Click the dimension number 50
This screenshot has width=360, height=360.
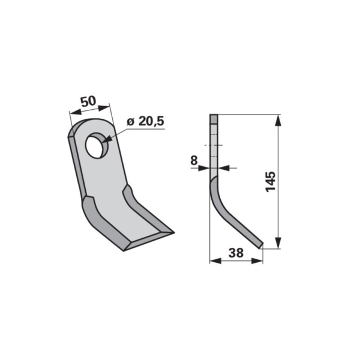[88, 101]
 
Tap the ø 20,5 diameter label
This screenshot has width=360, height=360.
[146, 121]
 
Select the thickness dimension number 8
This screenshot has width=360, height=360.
[194, 160]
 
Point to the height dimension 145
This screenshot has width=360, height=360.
[270, 181]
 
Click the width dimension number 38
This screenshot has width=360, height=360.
[236, 253]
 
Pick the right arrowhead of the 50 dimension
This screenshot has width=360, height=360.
[103, 107]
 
